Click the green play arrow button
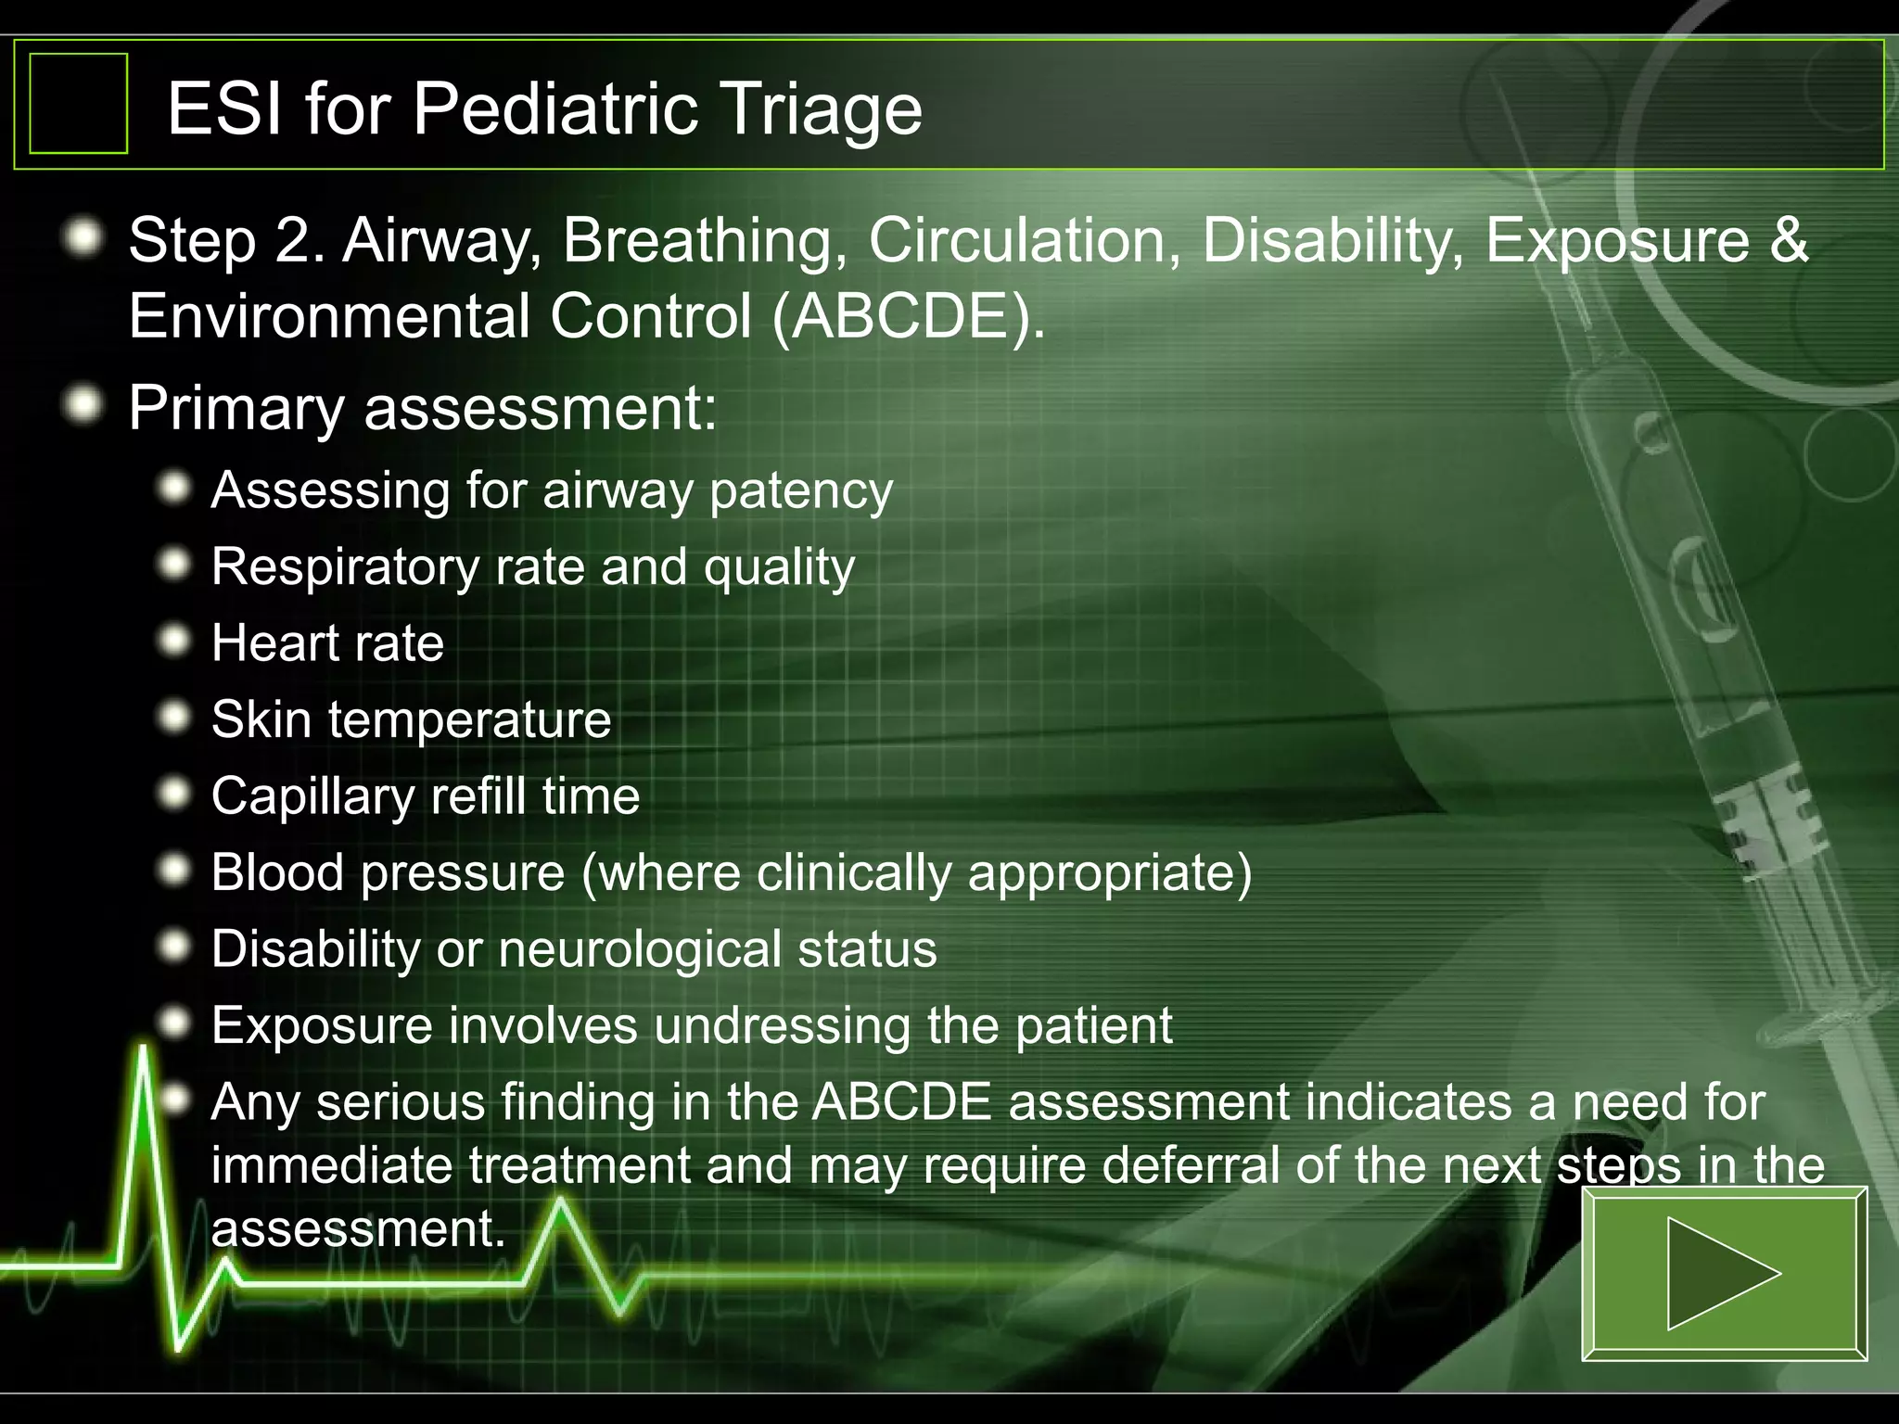coord(1723,1273)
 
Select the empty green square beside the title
coord(79,103)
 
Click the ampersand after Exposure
coord(1789,240)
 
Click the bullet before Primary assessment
coord(84,405)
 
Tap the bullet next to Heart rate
coord(174,641)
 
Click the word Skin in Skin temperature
coord(261,719)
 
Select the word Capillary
coord(312,797)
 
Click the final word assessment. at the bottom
coord(358,1229)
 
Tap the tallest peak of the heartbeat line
coord(144,1052)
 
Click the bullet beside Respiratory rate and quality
coord(174,564)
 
